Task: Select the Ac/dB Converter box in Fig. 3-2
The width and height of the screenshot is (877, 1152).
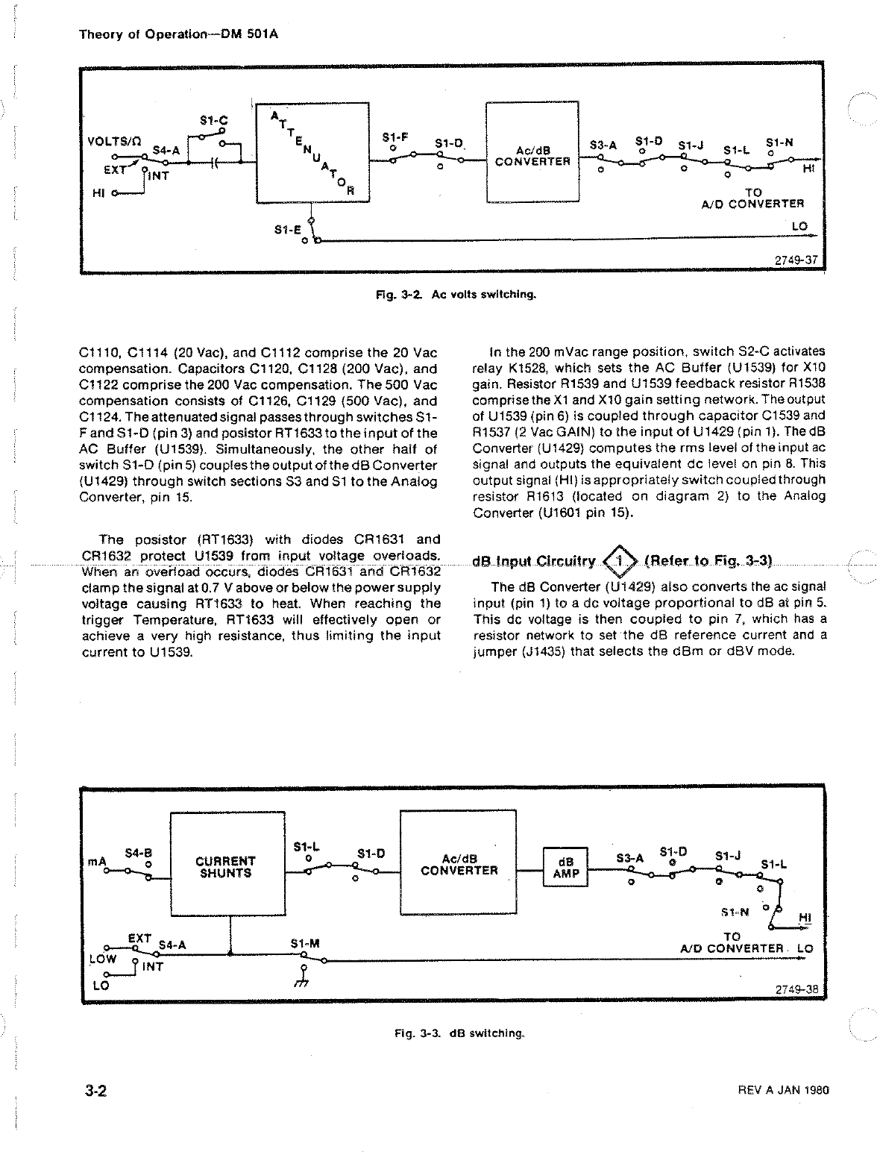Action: point(532,152)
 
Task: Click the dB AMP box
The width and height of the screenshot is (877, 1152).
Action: point(566,866)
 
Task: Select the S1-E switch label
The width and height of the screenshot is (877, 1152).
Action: point(286,231)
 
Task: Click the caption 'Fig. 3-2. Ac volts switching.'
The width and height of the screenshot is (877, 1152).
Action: point(456,294)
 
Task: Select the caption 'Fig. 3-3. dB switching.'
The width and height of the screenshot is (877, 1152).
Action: point(459,1033)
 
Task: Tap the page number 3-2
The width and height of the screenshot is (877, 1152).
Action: point(95,1091)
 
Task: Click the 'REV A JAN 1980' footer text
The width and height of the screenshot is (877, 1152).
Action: point(782,1089)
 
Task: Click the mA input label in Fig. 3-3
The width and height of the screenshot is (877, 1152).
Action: point(98,861)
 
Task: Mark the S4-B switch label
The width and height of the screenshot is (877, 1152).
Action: point(138,852)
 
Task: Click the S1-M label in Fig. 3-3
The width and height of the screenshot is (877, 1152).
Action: point(304,944)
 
